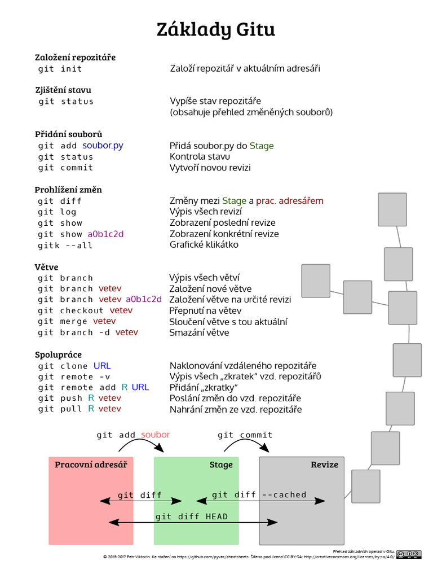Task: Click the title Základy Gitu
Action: pyautogui.click(x=216, y=29)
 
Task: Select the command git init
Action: pyautogui.click(x=60, y=69)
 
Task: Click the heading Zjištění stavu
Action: pyautogui.click(x=63, y=90)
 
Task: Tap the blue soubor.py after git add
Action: pyautogui.click(x=103, y=146)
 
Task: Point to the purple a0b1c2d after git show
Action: pyautogui.click(x=105, y=234)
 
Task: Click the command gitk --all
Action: pyautogui.click(x=65, y=246)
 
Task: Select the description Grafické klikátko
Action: pyautogui.click(x=204, y=245)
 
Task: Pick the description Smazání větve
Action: pyautogui.click(x=199, y=332)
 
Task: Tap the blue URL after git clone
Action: pyautogui.click(x=102, y=366)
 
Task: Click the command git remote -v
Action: pyautogui.click(x=74, y=376)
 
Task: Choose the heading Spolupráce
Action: pyautogui.click(x=59, y=354)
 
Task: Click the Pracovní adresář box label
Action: pyautogui.click(x=91, y=465)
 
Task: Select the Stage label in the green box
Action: pyautogui.click(x=221, y=465)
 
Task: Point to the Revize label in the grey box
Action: pyautogui.click(x=324, y=465)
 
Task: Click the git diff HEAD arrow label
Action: pyautogui.click(x=192, y=516)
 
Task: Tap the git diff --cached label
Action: pyautogui.click(x=259, y=495)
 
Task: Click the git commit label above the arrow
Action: pyautogui.click(x=245, y=435)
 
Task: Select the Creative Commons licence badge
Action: pyautogui.click(x=409, y=554)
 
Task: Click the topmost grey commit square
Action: pyautogui.click(x=392, y=209)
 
